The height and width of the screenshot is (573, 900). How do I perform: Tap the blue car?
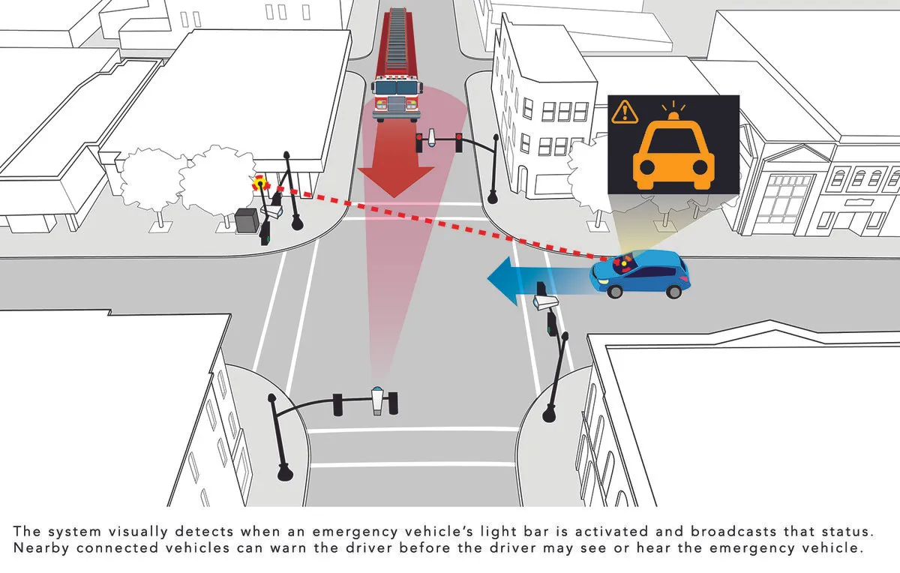click(x=640, y=274)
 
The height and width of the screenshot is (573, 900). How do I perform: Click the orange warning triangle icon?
click(x=624, y=112)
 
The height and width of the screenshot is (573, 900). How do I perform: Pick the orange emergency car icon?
click(x=673, y=154)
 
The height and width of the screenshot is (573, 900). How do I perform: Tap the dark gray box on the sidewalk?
click(x=247, y=220)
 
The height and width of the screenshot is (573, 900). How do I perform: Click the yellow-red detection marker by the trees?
click(x=261, y=184)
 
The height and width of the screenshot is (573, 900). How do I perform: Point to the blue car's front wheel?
click(x=615, y=291)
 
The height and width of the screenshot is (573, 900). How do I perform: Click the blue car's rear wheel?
click(x=673, y=291)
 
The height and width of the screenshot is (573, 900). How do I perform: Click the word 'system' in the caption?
click(x=74, y=532)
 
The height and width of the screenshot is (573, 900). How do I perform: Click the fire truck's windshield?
click(x=397, y=88)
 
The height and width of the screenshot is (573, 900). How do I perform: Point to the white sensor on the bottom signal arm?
click(x=376, y=401)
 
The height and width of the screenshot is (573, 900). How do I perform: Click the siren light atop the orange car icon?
click(x=673, y=114)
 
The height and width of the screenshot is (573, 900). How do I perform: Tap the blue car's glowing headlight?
click(x=603, y=280)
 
